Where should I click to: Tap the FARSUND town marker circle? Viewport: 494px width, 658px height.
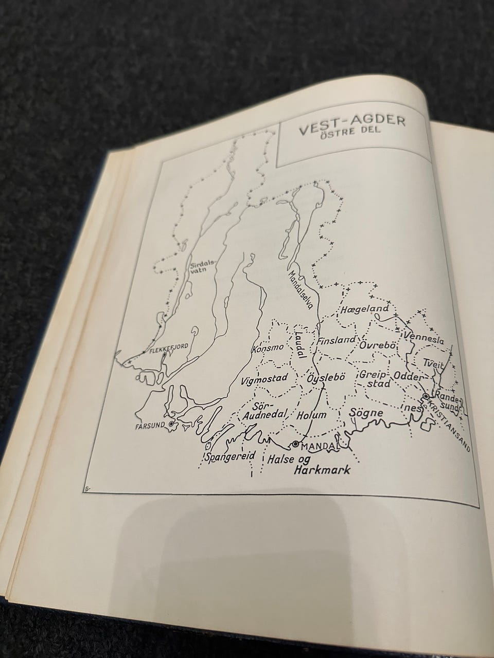tap(170, 424)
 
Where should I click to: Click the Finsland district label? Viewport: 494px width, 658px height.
tap(337, 340)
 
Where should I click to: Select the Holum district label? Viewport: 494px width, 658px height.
tap(311, 414)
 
